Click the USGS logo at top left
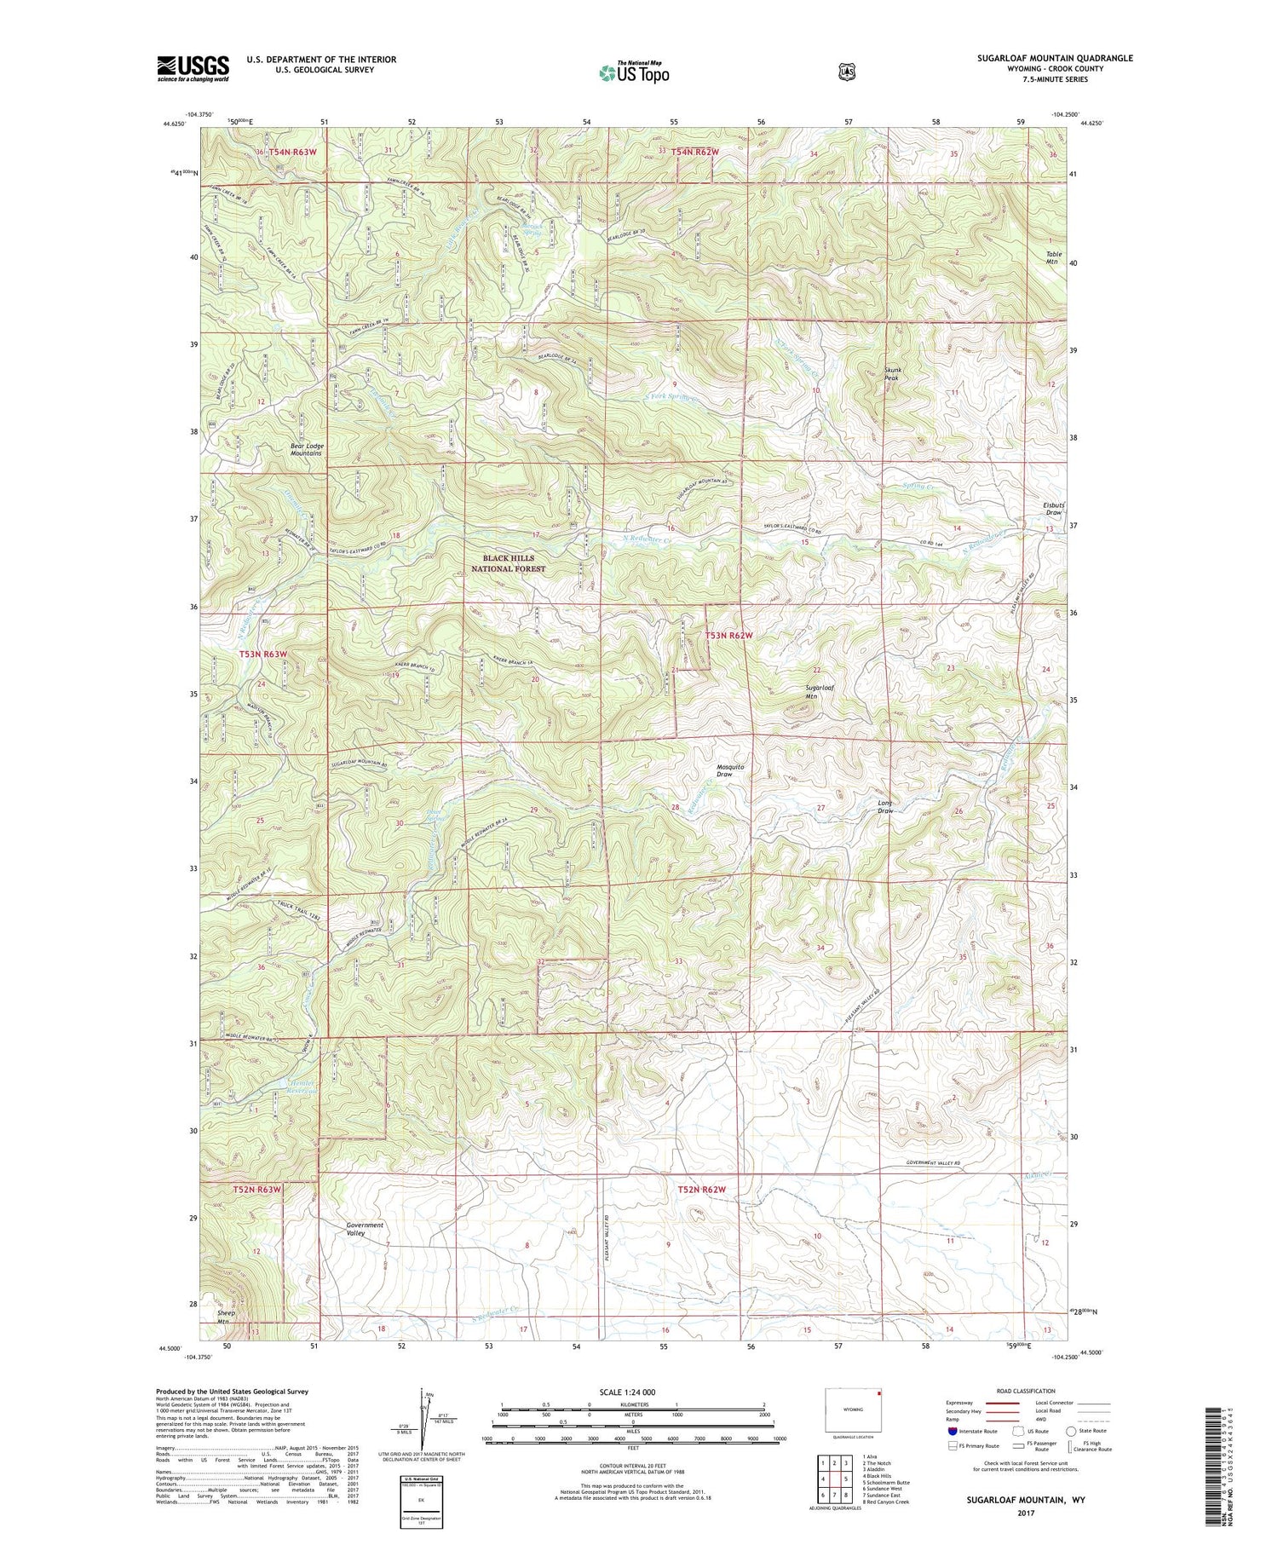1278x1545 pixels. (x=193, y=68)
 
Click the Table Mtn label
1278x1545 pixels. (x=1051, y=257)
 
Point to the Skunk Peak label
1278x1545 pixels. (x=893, y=375)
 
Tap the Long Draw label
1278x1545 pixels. (x=885, y=806)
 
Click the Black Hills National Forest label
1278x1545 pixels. (x=508, y=563)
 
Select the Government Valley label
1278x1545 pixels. (x=366, y=1229)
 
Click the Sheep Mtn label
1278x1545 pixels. (x=226, y=1317)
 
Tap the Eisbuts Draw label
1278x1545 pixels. (x=1053, y=508)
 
